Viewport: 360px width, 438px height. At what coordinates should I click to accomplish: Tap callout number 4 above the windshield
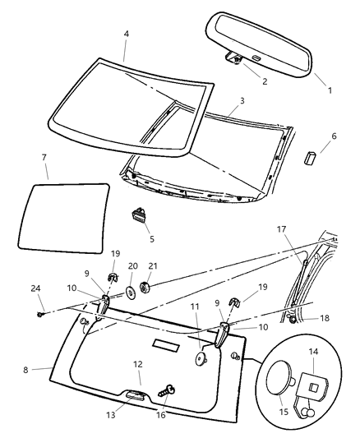click(x=126, y=34)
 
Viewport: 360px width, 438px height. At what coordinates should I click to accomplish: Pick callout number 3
click(x=241, y=101)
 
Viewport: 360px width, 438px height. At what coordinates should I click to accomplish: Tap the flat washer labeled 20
click(x=132, y=293)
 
